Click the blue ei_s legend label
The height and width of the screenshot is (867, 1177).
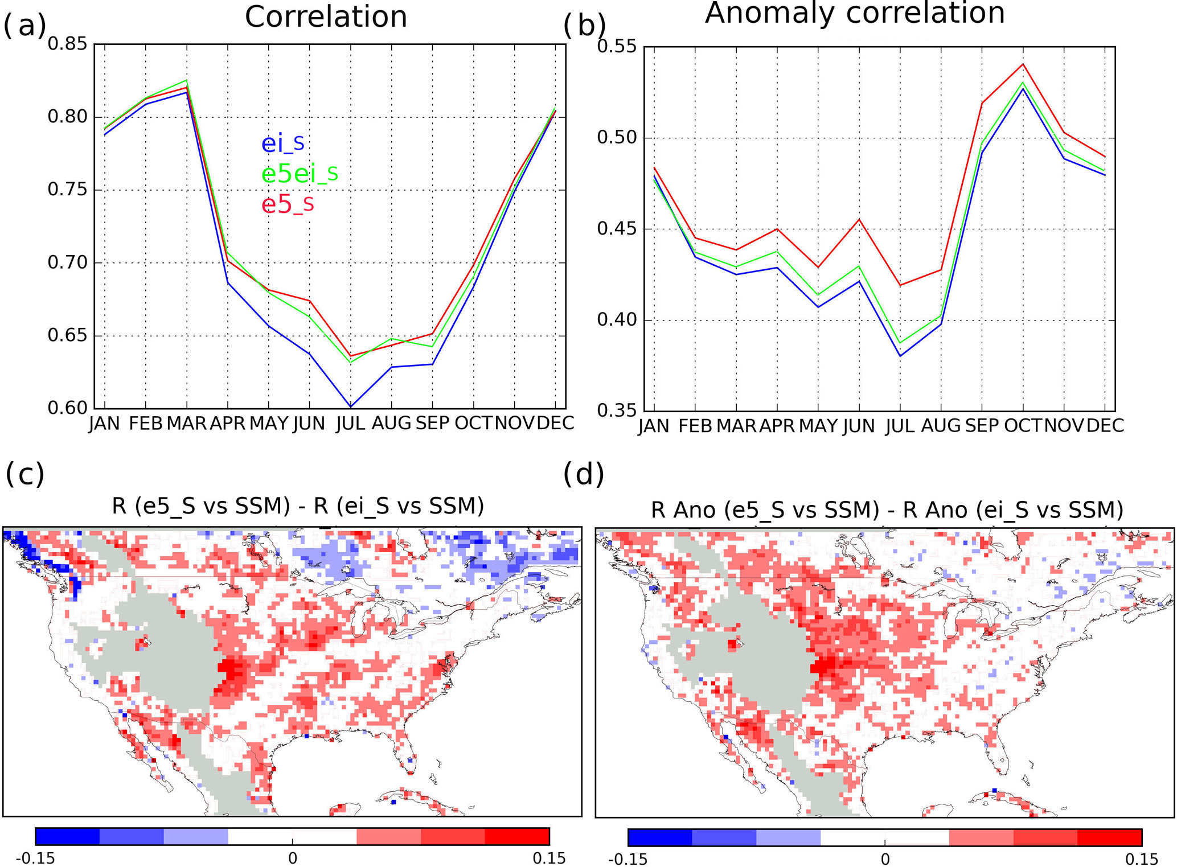(282, 143)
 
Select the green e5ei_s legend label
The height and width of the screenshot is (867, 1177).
(300, 173)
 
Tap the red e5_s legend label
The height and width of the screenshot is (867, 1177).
(288, 204)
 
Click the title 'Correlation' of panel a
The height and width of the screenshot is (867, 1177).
(326, 17)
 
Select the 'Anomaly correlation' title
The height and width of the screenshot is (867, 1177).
(854, 13)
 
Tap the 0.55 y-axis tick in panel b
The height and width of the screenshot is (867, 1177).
(616, 46)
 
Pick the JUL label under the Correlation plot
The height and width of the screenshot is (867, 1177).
(350, 424)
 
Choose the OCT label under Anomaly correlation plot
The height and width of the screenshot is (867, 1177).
(1023, 426)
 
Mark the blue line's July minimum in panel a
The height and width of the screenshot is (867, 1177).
(351, 406)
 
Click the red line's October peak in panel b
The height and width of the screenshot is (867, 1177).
(1023, 64)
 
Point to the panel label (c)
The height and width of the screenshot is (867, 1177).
(24, 474)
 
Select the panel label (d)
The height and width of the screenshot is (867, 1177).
(583, 474)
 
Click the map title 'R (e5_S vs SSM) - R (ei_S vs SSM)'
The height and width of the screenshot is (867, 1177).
(298, 506)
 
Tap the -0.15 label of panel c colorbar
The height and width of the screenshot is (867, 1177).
(35, 858)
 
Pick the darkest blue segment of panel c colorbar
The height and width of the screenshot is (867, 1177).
(67, 836)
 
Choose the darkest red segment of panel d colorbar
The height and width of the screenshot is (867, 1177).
(1109, 837)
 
